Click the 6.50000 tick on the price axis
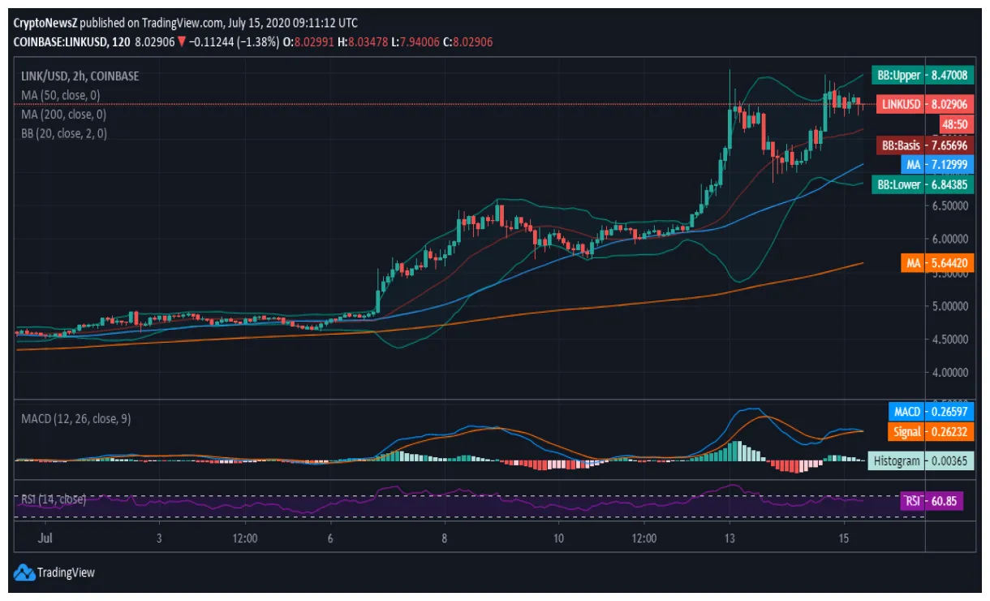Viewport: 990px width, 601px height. [x=947, y=206]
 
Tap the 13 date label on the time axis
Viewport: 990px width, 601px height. [x=730, y=538]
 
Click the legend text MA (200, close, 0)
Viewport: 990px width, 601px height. [x=63, y=115]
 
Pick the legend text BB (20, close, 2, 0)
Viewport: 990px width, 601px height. [x=63, y=134]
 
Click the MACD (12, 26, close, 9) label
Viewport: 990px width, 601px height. [x=76, y=419]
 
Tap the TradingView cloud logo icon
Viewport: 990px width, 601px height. [x=24, y=573]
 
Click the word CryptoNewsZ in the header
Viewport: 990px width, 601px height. [x=45, y=23]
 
